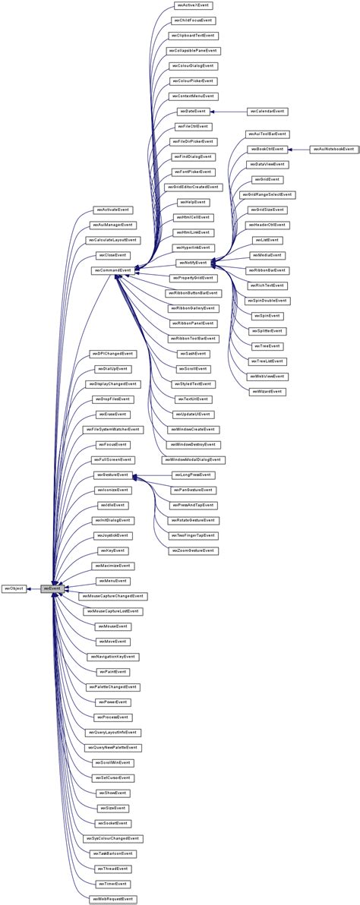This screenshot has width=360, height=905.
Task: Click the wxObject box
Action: click(14, 588)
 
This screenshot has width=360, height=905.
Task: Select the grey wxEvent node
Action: click(51, 588)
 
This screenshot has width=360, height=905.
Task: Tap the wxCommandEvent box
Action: click(112, 270)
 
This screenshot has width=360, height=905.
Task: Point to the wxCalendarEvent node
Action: click(267, 111)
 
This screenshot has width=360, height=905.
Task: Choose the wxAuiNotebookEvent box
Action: click(333, 150)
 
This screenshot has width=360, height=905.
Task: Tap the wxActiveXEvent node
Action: click(191, 5)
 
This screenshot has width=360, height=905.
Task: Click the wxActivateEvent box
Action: click(112, 209)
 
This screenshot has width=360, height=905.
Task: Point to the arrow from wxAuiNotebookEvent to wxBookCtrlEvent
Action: click(300, 150)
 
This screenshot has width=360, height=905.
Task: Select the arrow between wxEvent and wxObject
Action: click(34, 588)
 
